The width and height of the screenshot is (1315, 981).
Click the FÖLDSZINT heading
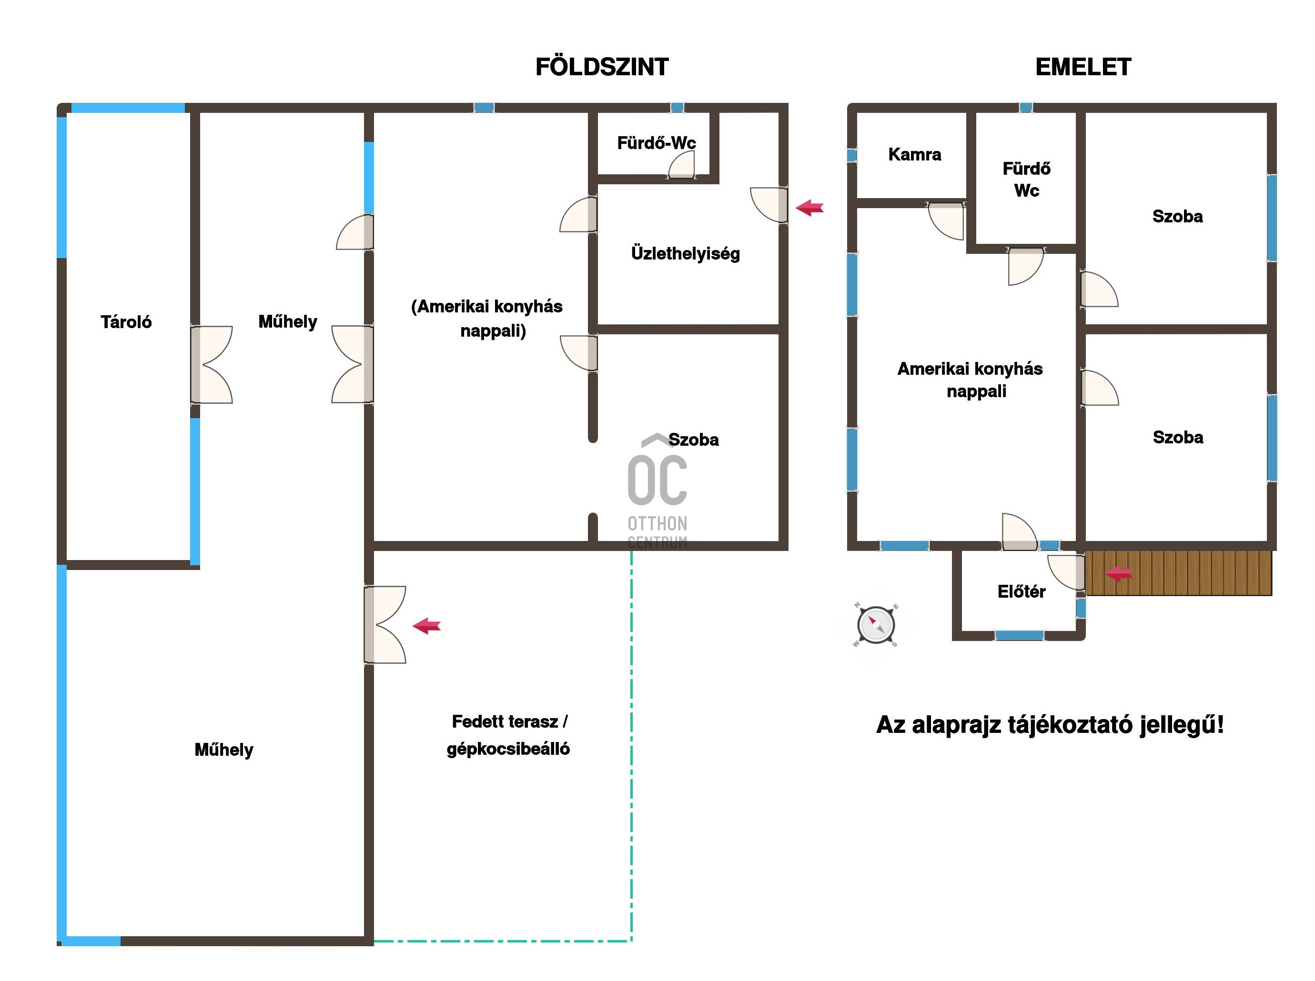(x=601, y=67)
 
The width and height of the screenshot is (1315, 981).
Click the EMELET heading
(x=1083, y=67)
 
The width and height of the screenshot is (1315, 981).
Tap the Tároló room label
(x=126, y=322)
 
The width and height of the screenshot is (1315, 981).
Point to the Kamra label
(x=914, y=154)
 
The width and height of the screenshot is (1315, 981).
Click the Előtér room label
(x=1021, y=591)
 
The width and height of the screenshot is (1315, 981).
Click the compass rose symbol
(x=876, y=625)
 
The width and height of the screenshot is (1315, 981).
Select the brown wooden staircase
(x=1178, y=573)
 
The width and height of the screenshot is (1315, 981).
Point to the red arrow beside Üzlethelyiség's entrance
(x=809, y=208)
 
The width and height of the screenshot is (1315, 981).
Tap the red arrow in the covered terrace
(x=426, y=625)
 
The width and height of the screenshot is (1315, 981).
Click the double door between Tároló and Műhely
(x=211, y=365)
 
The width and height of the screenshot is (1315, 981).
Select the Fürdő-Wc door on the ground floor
(x=681, y=164)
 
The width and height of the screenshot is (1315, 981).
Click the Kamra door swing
(x=946, y=221)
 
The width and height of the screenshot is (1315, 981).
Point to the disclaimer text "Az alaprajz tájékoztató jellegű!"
(x=1050, y=725)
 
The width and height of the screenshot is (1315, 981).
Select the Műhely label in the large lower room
(x=224, y=750)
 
